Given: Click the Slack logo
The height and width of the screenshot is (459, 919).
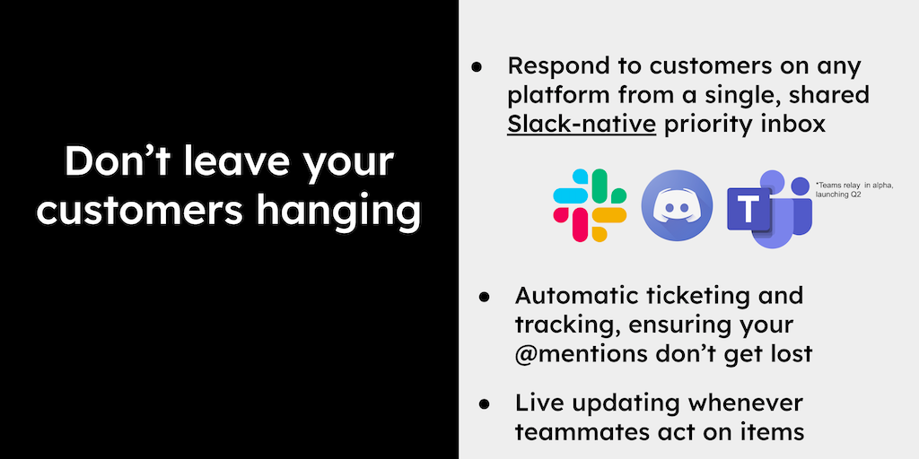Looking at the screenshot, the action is pyautogui.click(x=590, y=205).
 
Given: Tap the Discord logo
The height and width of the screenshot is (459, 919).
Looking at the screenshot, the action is pyautogui.click(x=677, y=205).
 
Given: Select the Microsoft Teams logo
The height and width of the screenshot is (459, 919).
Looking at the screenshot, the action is pyautogui.click(x=769, y=208).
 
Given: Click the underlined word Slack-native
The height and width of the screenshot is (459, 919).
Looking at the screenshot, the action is pyautogui.click(x=582, y=124).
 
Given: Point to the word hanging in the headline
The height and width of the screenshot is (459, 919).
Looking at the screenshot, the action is pyautogui.click(x=338, y=211).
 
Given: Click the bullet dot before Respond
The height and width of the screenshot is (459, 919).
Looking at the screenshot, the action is pyautogui.click(x=477, y=67).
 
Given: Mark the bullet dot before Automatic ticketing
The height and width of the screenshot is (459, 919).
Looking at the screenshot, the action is pyautogui.click(x=484, y=297).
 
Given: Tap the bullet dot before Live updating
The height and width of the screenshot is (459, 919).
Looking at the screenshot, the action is pyautogui.click(x=484, y=403).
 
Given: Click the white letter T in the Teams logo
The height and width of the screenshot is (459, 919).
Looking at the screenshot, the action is pyautogui.click(x=748, y=209).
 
